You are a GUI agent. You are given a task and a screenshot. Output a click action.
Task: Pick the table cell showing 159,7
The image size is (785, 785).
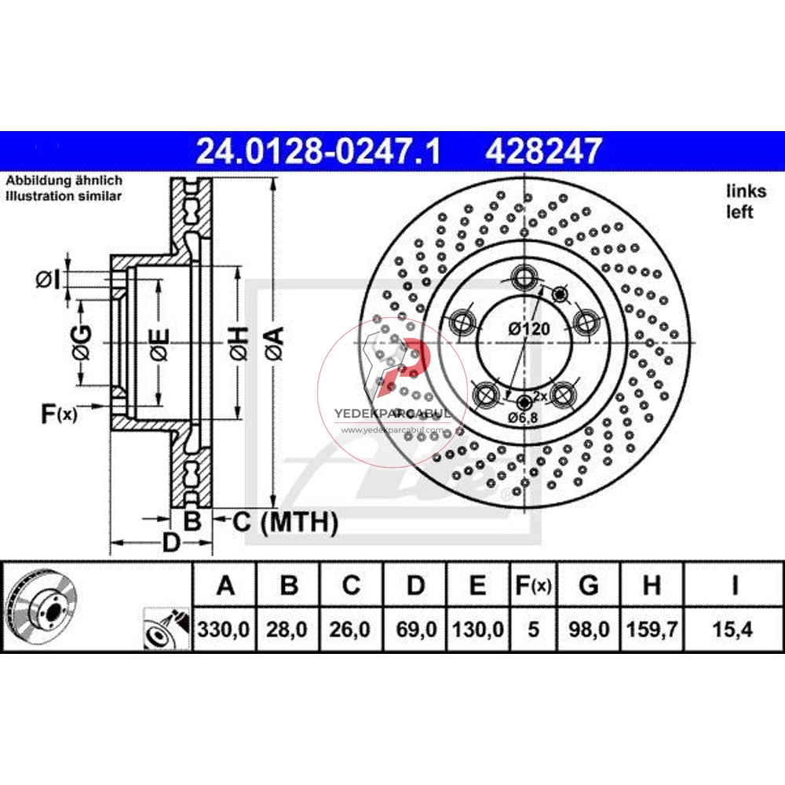[x=651, y=629]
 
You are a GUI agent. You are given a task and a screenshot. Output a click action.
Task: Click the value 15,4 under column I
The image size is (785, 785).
[x=734, y=629]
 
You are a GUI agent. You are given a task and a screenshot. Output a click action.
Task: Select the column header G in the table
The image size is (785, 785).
[x=588, y=586]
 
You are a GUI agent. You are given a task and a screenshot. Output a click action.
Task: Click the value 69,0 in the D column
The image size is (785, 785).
[x=415, y=629]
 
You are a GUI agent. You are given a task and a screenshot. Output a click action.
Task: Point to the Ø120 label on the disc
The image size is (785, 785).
[x=528, y=329]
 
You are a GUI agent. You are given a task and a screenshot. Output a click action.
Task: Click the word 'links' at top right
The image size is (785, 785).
[x=740, y=190]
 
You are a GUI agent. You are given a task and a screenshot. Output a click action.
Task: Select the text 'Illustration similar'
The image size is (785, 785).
[x=64, y=196]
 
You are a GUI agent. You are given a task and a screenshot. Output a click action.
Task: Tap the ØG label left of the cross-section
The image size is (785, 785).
[x=82, y=343]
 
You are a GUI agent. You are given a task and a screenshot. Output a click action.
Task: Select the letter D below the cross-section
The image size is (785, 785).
[x=171, y=542]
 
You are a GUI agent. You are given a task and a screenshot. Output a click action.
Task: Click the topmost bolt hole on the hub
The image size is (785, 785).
[x=524, y=276]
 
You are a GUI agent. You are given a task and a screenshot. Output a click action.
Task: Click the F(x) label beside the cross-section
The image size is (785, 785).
[x=58, y=414]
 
